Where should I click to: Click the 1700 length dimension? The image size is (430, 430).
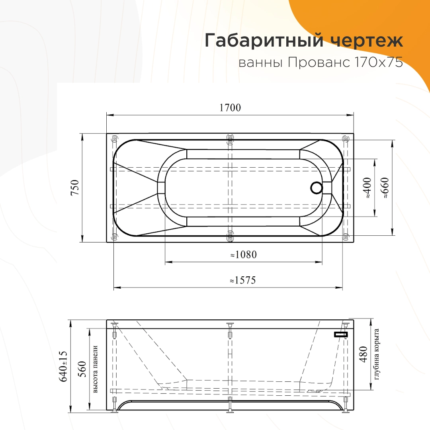(230, 107)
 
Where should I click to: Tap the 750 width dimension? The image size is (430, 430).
(75, 187)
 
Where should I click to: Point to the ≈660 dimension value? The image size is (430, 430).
(385, 188)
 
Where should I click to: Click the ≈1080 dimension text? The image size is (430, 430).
(244, 254)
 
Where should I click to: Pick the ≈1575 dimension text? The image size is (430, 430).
(243, 280)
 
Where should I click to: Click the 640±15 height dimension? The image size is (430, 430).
(63, 366)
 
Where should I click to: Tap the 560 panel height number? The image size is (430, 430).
(82, 369)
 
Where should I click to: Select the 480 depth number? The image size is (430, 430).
(363, 354)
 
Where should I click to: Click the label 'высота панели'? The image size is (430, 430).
(95, 369)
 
